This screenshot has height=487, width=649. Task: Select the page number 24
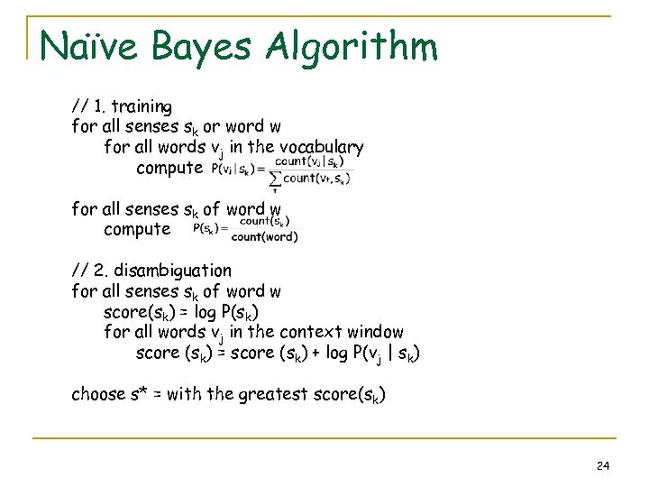coord(603,465)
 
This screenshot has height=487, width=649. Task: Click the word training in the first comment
coord(141,106)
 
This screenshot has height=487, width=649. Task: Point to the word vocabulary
coord(322,147)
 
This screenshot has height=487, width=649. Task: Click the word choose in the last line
coord(99,394)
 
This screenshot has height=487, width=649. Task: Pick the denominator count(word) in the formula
coord(264,237)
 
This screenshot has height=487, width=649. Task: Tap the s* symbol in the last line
coord(142,394)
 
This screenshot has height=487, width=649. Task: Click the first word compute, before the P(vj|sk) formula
coord(169,168)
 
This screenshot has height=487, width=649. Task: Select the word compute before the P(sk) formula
coord(137,229)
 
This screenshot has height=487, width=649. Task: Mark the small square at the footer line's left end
coord(37,439)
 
